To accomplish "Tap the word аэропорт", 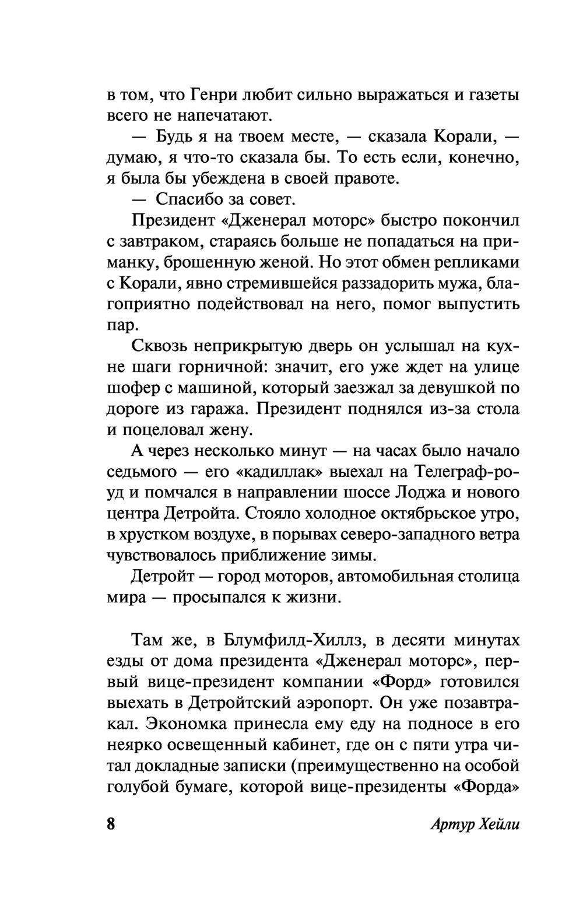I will tap(328, 703).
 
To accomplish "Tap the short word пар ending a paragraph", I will tap(121, 325).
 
